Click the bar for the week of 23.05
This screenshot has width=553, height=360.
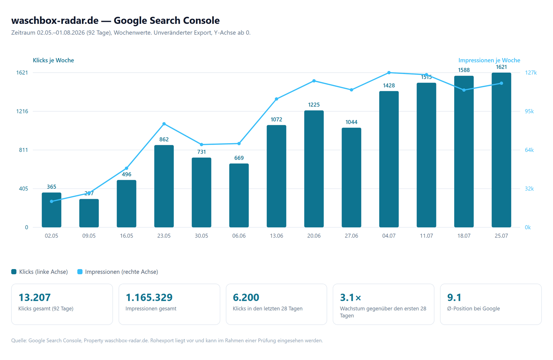(164, 186)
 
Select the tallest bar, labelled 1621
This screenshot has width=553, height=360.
(502, 150)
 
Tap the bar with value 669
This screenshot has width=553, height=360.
(239, 195)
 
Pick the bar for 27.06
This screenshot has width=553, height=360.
(351, 177)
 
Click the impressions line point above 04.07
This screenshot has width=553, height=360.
(389, 73)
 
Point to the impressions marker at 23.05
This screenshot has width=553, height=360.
(164, 124)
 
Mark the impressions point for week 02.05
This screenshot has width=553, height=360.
(51, 201)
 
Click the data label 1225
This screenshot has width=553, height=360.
(314, 105)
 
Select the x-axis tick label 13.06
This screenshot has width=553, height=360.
(276, 236)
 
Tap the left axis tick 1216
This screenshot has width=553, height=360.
(22, 111)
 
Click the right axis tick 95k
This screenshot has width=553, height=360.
(529, 111)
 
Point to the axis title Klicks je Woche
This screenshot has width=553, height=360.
(53, 60)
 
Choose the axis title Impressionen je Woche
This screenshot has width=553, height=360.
(489, 60)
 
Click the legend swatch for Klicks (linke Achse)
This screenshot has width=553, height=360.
(14, 272)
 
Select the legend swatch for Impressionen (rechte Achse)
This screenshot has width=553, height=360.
(80, 272)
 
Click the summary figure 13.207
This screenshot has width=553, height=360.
(35, 297)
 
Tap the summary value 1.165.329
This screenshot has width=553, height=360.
(149, 297)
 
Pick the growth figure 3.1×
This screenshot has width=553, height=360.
(350, 297)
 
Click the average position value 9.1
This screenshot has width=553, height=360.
(454, 297)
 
